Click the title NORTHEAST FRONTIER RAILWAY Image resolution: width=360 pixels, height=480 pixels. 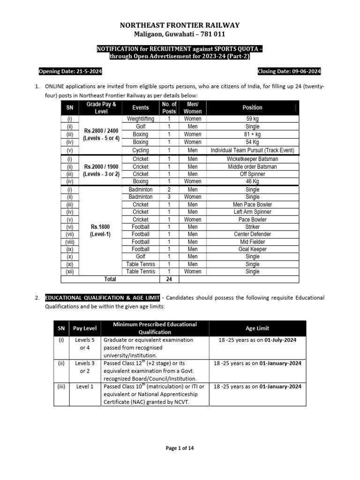180,25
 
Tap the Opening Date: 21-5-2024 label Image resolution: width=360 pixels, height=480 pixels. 70,71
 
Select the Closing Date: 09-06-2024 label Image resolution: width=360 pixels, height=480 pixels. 289,71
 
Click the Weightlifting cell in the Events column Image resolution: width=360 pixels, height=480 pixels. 141,119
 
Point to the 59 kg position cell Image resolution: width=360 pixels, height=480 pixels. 252,119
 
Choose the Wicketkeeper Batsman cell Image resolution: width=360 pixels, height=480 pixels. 252,159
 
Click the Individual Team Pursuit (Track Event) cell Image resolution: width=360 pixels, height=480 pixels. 252,150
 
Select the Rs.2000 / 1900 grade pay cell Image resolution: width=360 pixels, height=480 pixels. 101,166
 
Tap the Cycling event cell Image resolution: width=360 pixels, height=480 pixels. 141,150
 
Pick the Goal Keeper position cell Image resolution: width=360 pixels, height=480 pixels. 252,249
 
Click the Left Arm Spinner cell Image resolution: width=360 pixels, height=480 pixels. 252,212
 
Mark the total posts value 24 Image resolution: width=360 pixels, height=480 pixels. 169,279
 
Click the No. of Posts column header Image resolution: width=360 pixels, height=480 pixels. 169,107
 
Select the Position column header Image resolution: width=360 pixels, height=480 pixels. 252,107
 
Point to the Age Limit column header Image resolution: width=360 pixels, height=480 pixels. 257,328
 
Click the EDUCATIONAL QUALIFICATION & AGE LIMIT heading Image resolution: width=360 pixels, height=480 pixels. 101,298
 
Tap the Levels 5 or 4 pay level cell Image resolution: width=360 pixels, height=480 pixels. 84,344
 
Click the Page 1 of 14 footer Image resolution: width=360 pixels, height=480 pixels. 180,448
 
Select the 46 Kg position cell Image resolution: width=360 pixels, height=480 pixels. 252,181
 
